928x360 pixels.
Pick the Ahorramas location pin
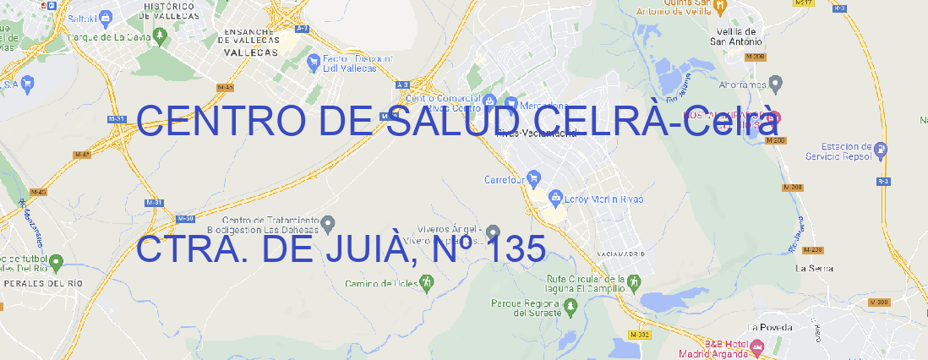click(776, 83)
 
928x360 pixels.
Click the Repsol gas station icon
click(882, 150)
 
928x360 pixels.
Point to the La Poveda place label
click(770, 327)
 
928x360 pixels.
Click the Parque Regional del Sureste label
click(526, 308)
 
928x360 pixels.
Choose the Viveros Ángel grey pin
click(494, 232)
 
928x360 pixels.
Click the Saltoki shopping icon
click(105, 16)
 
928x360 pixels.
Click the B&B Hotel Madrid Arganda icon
click(757, 346)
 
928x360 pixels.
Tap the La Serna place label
click(815, 268)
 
